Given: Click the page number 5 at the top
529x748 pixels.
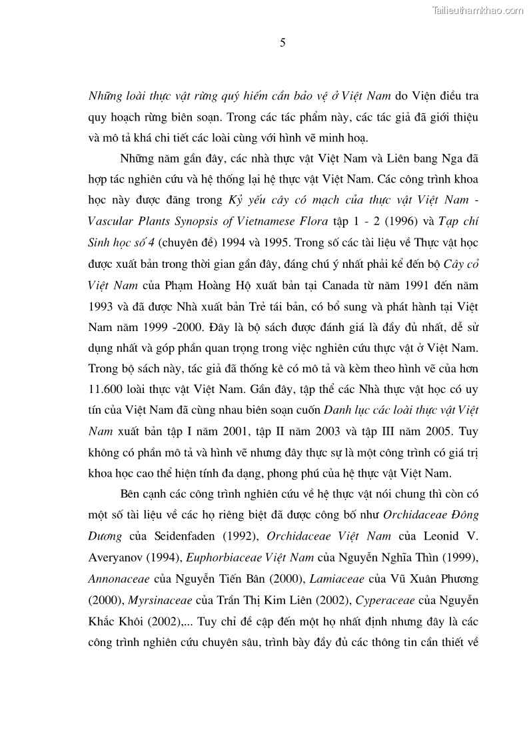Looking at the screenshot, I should (x=282, y=43).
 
